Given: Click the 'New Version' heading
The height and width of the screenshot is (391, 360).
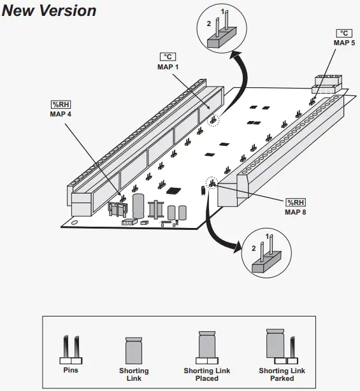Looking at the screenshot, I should click(x=49, y=11).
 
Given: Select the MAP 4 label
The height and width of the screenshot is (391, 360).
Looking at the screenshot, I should click(x=61, y=114).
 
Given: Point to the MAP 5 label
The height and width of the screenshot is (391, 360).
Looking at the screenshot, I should click(x=344, y=43).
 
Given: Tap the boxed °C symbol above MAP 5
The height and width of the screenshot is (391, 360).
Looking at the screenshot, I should click(x=344, y=33).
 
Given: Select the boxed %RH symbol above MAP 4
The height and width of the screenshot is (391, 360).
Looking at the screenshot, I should click(x=61, y=104).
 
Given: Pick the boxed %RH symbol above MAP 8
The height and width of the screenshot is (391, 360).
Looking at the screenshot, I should click(x=296, y=202).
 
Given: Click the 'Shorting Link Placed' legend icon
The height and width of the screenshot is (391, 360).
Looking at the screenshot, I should click(x=206, y=347).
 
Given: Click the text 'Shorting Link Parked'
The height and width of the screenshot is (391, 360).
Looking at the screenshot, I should click(x=282, y=374).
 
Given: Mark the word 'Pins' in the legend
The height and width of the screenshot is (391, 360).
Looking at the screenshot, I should click(x=71, y=369).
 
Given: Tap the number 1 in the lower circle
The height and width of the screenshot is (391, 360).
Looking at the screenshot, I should click(x=268, y=236).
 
